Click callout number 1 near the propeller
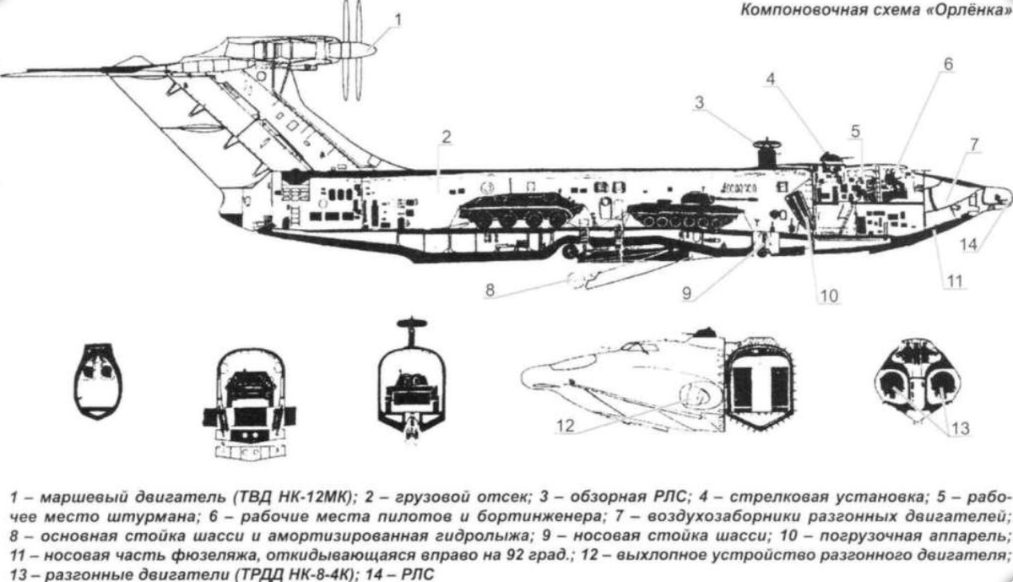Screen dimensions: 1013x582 398,19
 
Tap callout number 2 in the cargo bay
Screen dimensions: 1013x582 446,138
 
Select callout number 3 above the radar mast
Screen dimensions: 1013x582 699,103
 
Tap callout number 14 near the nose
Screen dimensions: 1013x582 969,245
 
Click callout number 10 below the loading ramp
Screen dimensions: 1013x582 829,296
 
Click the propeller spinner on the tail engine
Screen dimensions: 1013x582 364,51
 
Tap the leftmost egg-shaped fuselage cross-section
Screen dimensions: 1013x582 98,382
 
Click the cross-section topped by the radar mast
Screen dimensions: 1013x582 412,379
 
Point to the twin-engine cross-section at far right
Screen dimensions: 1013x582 918,380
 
